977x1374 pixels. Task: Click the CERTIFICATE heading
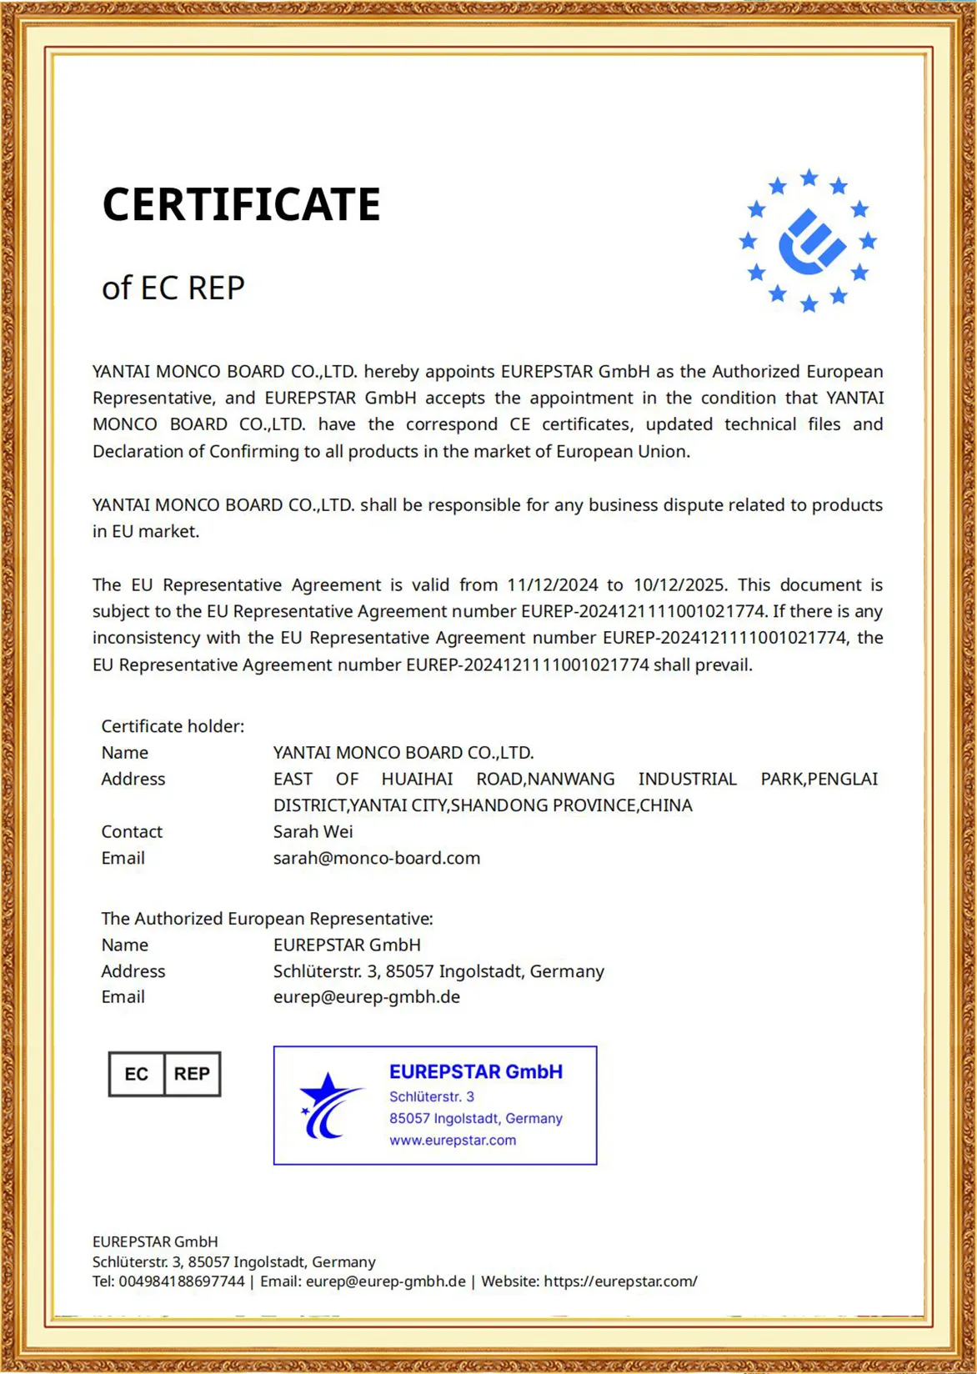coord(241,205)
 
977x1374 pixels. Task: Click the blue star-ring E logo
coord(808,241)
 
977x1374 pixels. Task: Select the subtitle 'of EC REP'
coord(173,288)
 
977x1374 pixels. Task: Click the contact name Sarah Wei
coord(313,832)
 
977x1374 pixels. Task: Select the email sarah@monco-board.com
coord(377,858)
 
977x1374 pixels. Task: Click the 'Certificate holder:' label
coord(173,726)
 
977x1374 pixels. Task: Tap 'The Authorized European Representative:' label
coord(267,919)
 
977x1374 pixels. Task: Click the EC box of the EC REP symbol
coord(137,1074)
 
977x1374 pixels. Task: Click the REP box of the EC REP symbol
coord(192,1074)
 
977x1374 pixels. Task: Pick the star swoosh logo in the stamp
coord(329,1106)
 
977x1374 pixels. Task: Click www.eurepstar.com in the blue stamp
coord(453,1141)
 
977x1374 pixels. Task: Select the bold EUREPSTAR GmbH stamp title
coord(476,1072)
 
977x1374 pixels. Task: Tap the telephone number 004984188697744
coord(182,1281)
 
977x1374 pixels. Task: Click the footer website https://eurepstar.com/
coord(620,1281)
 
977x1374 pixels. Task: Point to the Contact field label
coord(132,832)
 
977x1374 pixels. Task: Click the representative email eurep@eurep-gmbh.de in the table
coord(367,997)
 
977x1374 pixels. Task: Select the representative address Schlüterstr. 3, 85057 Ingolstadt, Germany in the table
coord(438,971)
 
